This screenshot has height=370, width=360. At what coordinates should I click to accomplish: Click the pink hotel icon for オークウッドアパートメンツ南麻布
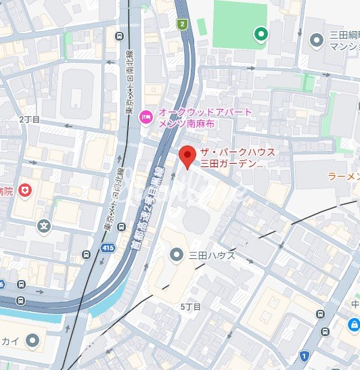(145, 118)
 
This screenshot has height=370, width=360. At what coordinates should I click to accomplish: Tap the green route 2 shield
(181, 24)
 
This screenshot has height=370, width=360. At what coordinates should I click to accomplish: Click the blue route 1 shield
(305, 355)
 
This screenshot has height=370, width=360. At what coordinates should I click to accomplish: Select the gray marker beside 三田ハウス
(176, 255)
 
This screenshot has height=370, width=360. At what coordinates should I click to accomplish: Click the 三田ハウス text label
(211, 255)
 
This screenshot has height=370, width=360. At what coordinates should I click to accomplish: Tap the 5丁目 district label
(191, 307)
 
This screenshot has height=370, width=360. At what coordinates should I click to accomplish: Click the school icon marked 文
(44, 225)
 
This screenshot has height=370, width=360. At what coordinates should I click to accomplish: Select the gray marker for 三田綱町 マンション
(315, 40)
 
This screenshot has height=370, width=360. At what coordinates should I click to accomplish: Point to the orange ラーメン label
(342, 176)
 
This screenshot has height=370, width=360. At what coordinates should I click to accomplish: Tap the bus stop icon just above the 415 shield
(86, 255)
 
